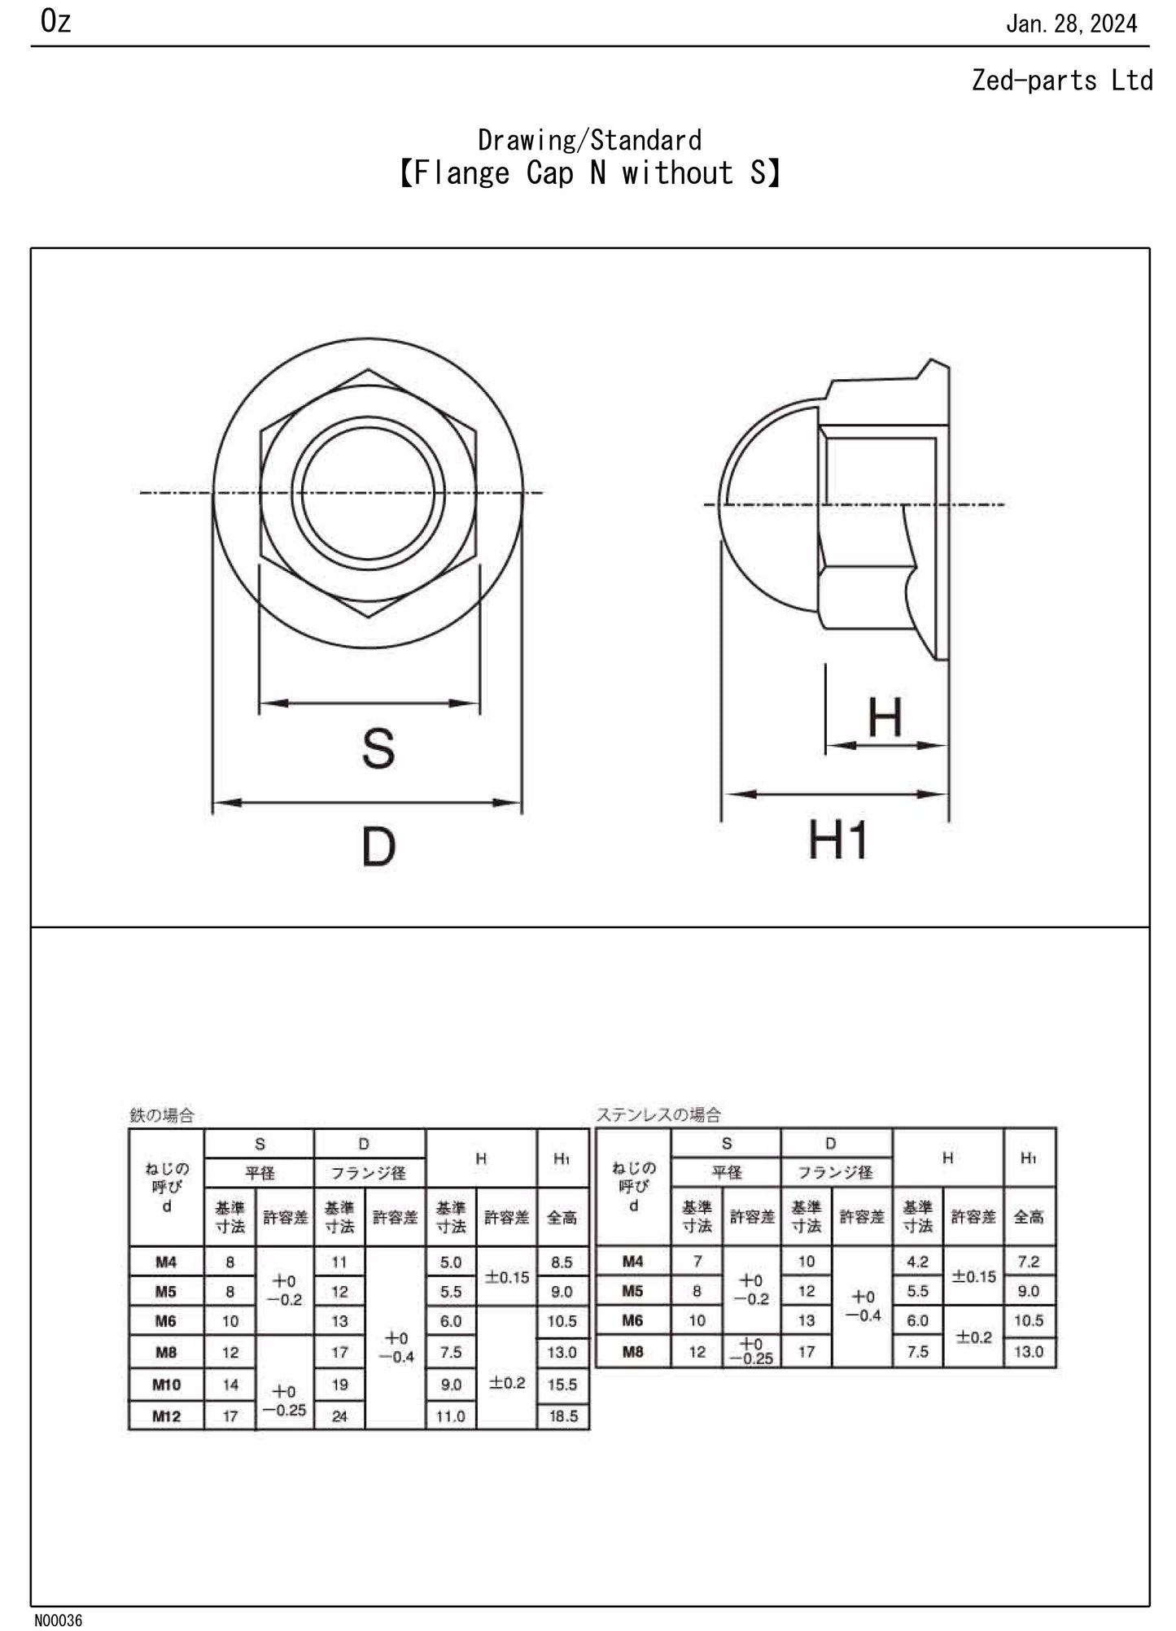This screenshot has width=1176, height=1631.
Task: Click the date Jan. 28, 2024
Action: [x=1071, y=24]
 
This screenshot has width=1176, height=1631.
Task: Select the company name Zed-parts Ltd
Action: [x=1061, y=81]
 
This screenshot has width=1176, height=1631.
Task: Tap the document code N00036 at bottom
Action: [x=58, y=1620]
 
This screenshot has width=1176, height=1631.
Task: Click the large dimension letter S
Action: [x=378, y=748]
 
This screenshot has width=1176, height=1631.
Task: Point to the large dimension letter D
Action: [x=378, y=847]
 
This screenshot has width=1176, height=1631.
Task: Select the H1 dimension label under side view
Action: [x=837, y=840]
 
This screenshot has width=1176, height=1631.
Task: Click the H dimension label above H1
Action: [x=885, y=717]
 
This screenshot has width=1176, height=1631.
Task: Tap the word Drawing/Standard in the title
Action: [x=589, y=140]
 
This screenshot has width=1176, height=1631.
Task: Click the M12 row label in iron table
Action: [x=166, y=1416]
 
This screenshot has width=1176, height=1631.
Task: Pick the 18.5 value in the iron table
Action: [x=563, y=1416]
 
